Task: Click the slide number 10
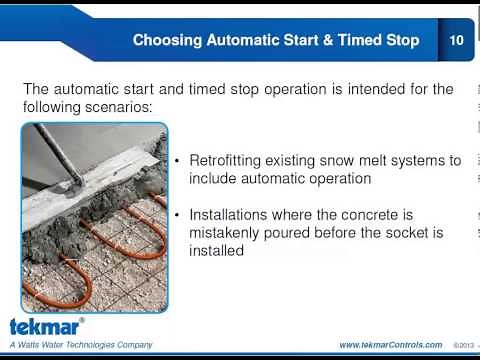click(x=456, y=41)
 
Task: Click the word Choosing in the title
click(x=171, y=41)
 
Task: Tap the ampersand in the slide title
click(x=333, y=41)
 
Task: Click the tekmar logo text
click(x=46, y=327)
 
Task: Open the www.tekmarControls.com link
click(x=390, y=345)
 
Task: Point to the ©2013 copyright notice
click(x=461, y=345)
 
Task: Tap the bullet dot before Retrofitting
click(x=178, y=161)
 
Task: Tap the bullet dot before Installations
click(x=178, y=215)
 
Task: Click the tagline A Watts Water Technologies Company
click(x=81, y=345)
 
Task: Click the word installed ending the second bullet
click(x=216, y=251)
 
